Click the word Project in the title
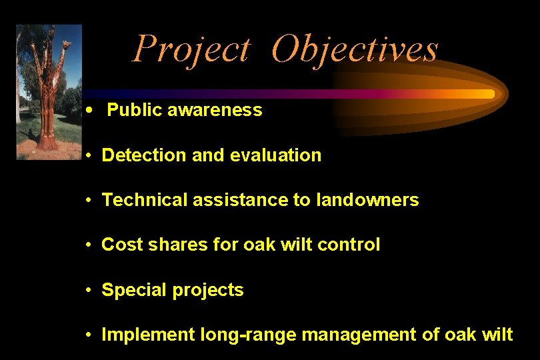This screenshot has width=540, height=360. coord(191,49)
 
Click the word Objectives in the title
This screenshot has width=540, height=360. coord(355,49)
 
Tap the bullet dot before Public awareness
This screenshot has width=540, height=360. coord(89,111)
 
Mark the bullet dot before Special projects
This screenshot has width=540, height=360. coord(89,291)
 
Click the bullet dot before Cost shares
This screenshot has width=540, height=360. coord(89,245)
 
